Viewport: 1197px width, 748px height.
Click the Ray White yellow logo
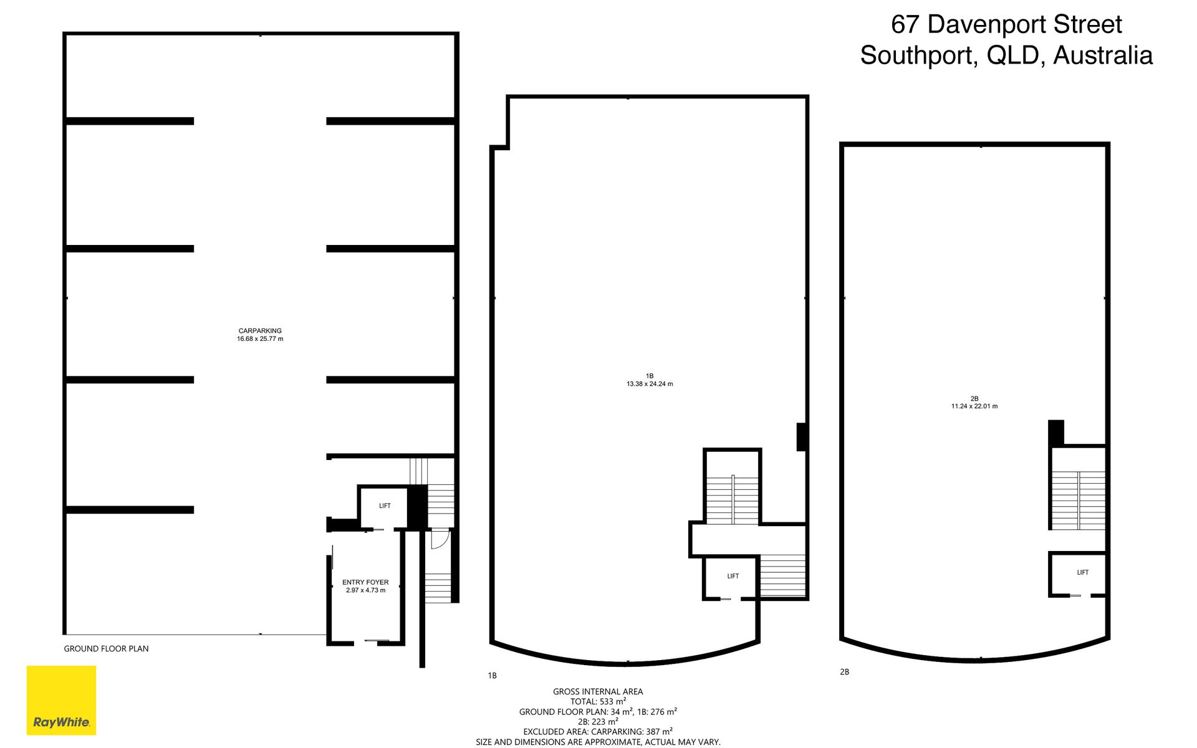pyautogui.click(x=61, y=700)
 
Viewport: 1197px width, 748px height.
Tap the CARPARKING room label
pyautogui.click(x=260, y=331)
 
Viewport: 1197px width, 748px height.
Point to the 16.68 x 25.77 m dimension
pyautogui.click(x=260, y=339)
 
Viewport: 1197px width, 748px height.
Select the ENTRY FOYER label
pyautogui.click(x=365, y=582)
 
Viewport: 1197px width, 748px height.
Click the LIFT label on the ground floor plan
pyautogui.click(x=385, y=506)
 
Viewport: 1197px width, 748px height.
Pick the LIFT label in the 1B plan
pyautogui.click(x=733, y=576)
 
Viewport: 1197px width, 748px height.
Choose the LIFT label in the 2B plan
pyautogui.click(x=1083, y=572)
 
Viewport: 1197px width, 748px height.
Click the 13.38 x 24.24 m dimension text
pyautogui.click(x=650, y=384)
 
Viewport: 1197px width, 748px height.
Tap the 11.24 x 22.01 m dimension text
pyautogui.click(x=974, y=406)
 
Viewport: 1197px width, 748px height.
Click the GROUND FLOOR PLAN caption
pyautogui.click(x=106, y=649)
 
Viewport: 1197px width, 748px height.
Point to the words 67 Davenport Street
pyautogui.click(x=1006, y=24)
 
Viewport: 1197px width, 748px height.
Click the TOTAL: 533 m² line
pyautogui.click(x=598, y=701)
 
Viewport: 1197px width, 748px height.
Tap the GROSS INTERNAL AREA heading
pyautogui.click(x=598, y=691)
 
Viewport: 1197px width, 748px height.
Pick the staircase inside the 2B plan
pyautogui.click(x=1079, y=500)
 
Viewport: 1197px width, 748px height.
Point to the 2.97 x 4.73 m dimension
pyautogui.click(x=365, y=590)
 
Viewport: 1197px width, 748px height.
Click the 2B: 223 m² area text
pyautogui.click(x=598, y=722)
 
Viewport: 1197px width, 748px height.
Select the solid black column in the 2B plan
pyautogui.click(x=1055, y=433)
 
